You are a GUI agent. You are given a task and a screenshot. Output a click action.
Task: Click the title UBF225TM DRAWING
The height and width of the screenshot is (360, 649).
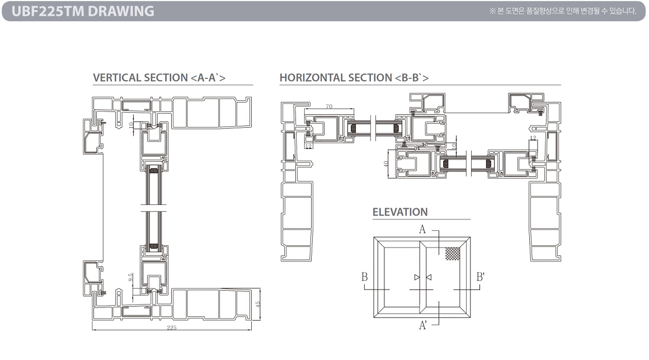(83, 11)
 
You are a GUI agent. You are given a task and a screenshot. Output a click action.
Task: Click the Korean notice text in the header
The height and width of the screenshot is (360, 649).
(563, 11)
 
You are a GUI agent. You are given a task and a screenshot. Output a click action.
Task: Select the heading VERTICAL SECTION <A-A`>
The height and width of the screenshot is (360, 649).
(159, 77)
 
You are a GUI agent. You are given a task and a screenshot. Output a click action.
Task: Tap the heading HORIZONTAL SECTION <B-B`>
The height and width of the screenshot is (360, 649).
(354, 77)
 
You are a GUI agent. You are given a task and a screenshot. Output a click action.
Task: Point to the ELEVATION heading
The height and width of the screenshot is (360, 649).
(400, 212)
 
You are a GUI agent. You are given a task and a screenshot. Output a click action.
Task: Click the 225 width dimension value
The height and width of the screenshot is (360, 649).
(172, 328)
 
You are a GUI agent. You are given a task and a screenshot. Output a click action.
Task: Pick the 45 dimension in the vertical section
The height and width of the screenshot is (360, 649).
(257, 304)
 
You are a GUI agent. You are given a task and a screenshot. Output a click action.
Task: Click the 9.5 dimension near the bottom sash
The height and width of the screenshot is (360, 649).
(131, 277)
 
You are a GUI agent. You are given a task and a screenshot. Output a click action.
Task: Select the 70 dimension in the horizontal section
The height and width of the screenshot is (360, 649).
(329, 106)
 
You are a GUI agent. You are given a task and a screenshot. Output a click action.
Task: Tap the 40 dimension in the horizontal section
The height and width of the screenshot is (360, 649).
(386, 163)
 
